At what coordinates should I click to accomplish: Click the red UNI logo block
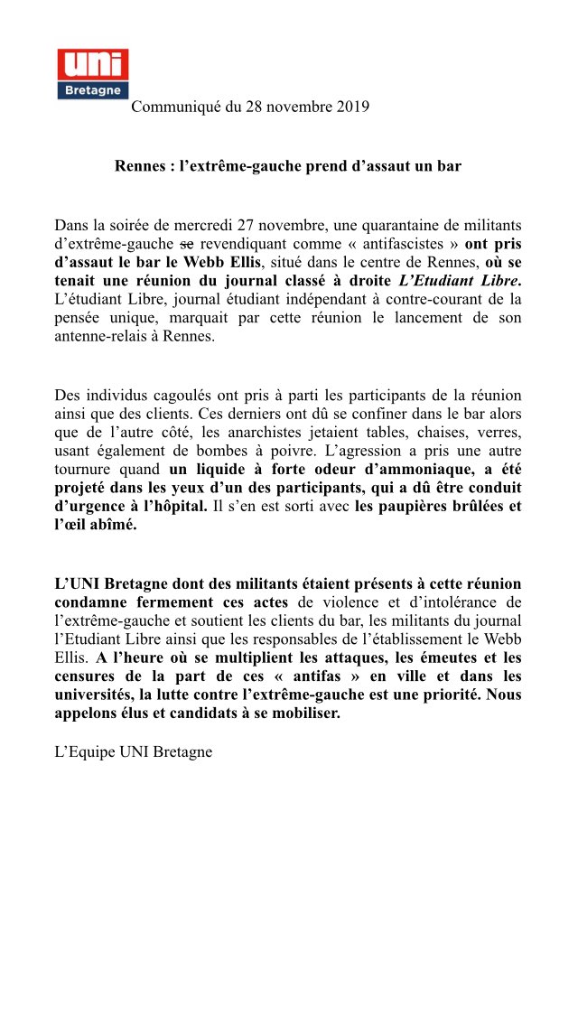tap(92, 64)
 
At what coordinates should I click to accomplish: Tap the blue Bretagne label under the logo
tap(92, 90)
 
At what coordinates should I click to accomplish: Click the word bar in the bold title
tap(449, 166)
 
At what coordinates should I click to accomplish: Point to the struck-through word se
tap(187, 243)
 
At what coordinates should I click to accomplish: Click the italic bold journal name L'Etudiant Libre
tap(461, 281)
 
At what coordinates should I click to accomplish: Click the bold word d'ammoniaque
tap(400, 471)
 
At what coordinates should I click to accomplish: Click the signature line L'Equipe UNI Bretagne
tap(134, 751)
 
